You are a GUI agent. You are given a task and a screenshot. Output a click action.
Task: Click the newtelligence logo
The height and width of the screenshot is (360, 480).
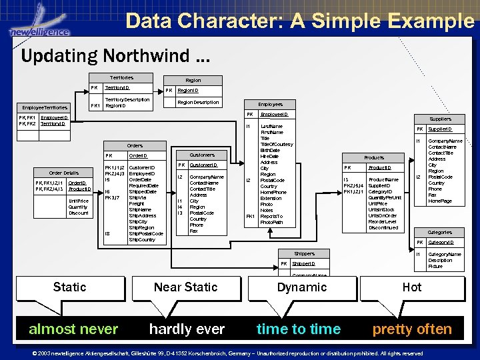[39, 27]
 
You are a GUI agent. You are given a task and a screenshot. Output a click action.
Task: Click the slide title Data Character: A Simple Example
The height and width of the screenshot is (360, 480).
[299, 21]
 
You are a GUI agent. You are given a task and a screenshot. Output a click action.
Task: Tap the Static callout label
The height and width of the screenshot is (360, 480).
[69, 287]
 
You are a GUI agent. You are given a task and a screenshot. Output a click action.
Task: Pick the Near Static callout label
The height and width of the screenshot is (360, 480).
[185, 287]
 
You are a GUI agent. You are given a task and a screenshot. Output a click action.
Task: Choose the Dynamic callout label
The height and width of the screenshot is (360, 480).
[302, 287]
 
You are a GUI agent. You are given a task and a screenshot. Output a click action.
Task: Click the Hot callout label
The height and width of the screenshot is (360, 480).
[412, 287]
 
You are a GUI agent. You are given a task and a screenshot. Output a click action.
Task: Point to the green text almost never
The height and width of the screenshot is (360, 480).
[73, 329]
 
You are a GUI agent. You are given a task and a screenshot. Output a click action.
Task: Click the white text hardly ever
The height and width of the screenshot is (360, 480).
[187, 329]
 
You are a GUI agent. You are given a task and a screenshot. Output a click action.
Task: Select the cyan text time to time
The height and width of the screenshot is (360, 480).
[299, 329]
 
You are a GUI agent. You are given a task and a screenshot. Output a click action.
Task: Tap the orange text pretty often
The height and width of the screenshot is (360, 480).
[412, 329]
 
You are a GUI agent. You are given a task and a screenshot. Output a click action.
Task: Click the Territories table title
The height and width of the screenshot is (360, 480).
[121, 78]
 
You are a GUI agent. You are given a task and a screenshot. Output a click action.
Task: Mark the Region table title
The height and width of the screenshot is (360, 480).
[193, 80]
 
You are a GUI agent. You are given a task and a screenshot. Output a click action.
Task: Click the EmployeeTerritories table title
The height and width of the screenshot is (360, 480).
[45, 107]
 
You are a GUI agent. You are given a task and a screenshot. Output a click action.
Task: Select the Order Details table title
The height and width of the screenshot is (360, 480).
[64, 173]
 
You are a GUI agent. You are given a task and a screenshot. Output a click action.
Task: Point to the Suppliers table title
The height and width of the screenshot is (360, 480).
[440, 119]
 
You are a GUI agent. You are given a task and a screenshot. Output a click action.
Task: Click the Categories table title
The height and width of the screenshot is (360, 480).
[440, 232]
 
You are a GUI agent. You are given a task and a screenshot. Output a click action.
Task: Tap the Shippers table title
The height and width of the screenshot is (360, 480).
[304, 253]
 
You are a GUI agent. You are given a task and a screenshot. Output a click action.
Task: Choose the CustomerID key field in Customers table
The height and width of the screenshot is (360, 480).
[203, 165]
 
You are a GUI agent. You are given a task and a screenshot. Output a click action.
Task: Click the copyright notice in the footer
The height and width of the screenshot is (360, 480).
[237, 353]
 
